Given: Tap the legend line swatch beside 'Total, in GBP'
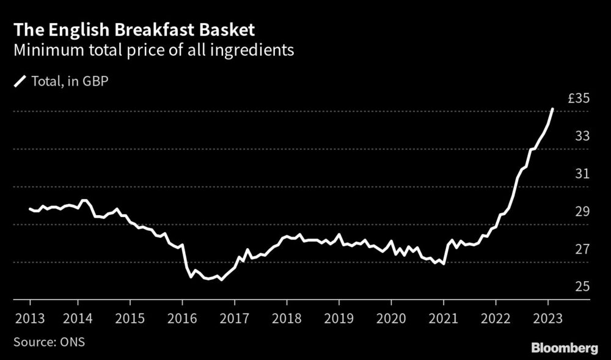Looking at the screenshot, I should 21,81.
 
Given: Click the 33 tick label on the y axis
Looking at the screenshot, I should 582,136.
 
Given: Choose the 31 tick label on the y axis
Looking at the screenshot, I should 582,174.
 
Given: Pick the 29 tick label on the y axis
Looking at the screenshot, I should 582,212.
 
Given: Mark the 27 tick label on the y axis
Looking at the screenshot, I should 582,249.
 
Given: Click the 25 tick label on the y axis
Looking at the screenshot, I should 582,287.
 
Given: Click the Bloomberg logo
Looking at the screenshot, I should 565,348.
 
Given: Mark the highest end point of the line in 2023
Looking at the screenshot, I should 552,109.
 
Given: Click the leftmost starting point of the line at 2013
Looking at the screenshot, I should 30,209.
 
